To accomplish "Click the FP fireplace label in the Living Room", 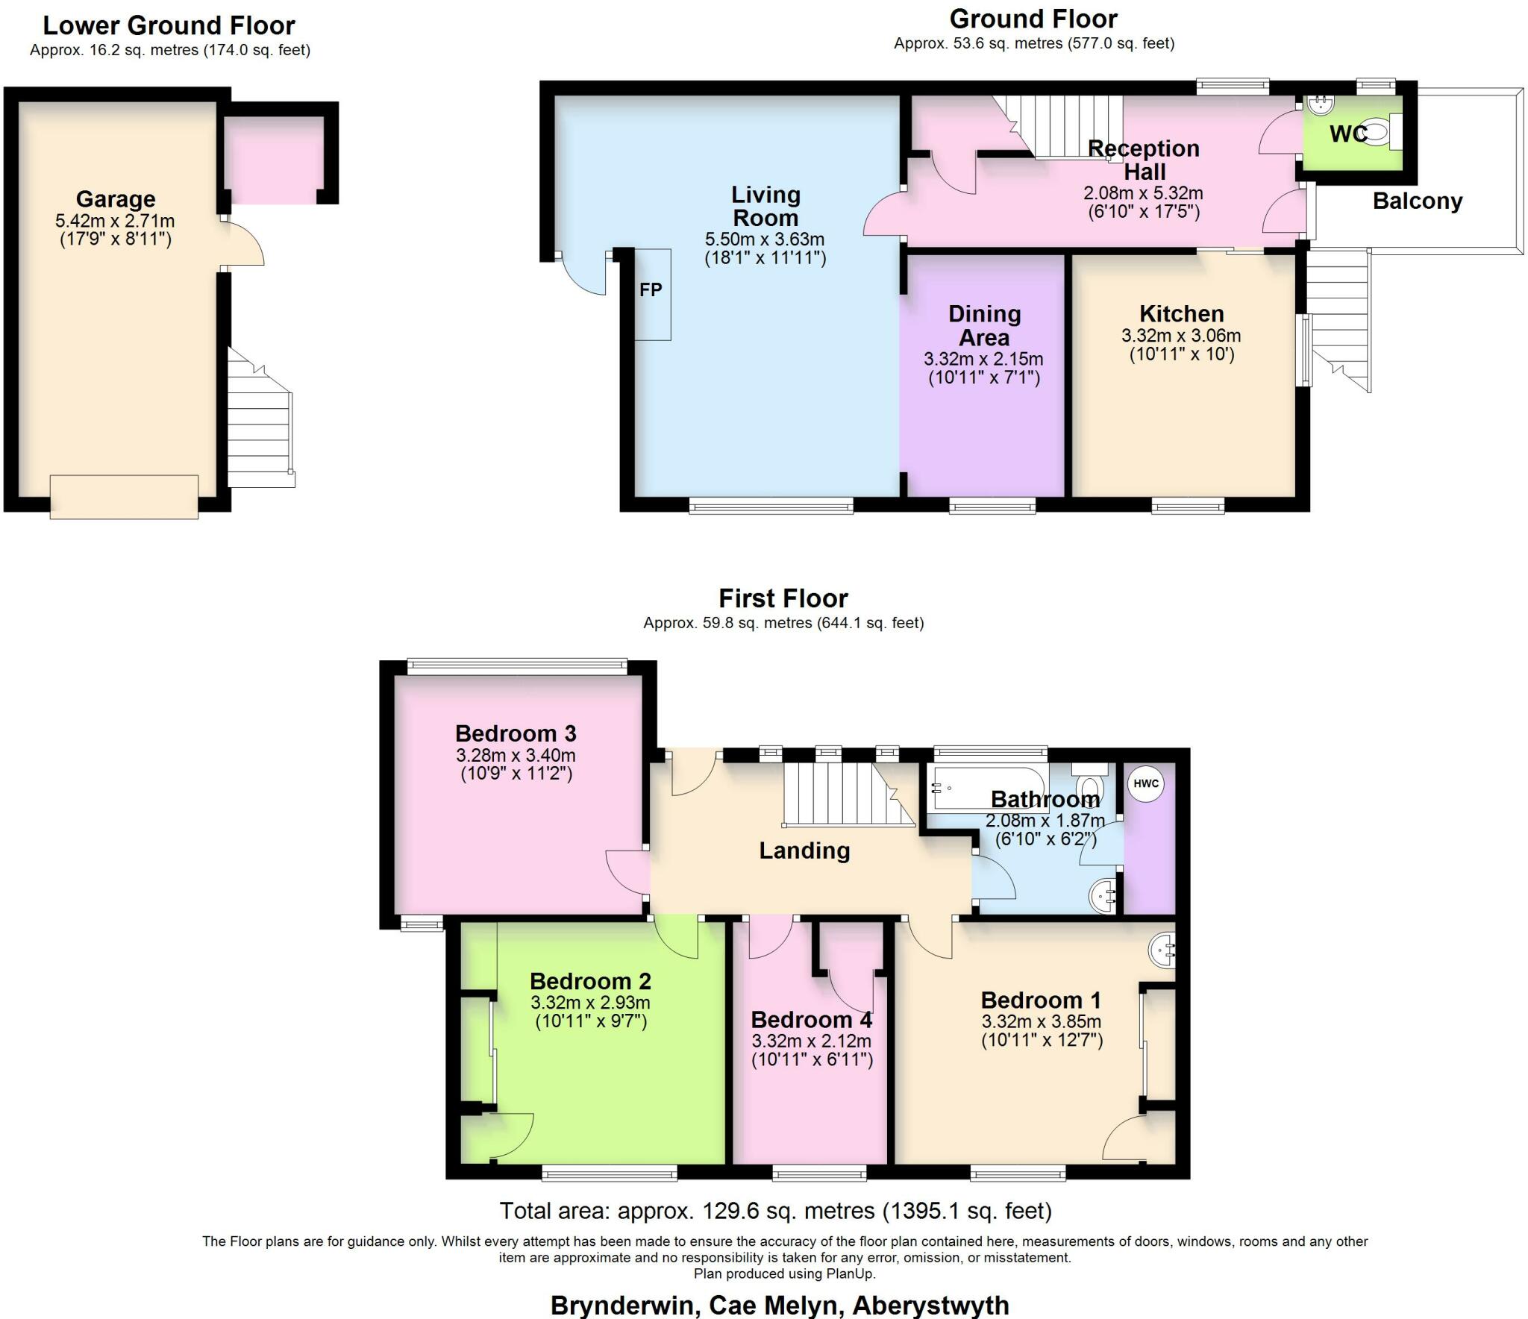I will tap(651, 290).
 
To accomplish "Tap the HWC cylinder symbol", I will tap(1145, 784).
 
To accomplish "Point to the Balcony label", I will tap(1417, 201).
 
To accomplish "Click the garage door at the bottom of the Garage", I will tap(124, 497).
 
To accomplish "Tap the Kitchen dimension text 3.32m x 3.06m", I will tap(1181, 336).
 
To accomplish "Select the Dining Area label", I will tap(984, 325).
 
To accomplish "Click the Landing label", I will tap(804, 850).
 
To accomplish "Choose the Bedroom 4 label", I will tap(811, 1019).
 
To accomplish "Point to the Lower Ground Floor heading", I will tap(169, 25).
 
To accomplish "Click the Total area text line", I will tap(775, 1210).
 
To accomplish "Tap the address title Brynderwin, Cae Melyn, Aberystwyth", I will tap(780, 1305).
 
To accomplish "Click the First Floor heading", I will tap(783, 598).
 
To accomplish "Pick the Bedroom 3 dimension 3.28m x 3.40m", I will tap(516, 755).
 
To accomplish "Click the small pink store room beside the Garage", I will tap(274, 159).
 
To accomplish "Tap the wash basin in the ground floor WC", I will tap(1319, 106).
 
